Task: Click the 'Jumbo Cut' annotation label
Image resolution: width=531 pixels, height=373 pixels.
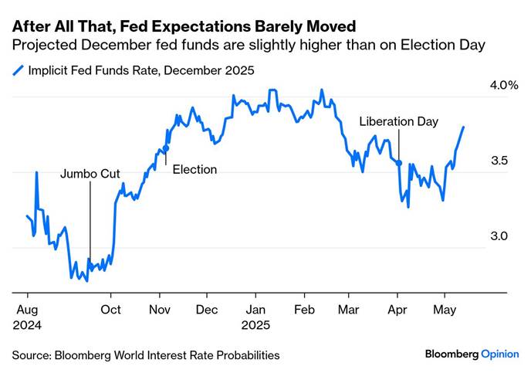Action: [90, 174]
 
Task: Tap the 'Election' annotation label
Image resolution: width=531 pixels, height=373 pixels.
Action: [194, 170]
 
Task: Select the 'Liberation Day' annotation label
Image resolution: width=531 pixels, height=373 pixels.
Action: [399, 122]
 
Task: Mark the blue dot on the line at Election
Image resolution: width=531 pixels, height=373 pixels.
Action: [166, 146]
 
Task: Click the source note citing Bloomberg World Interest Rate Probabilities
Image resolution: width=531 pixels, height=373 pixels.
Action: [145, 354]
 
